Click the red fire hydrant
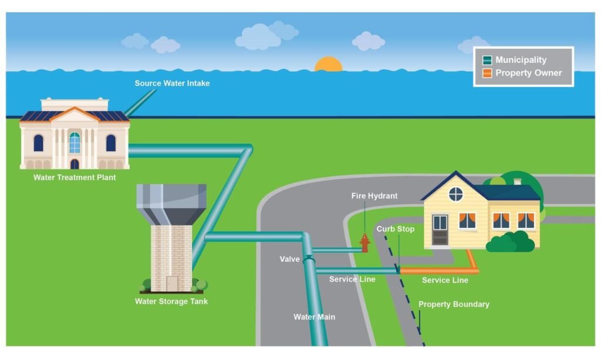[365, 243]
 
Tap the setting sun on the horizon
[329, 65]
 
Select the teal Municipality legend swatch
[487, 60]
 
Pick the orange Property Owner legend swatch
[487, 73]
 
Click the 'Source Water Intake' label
[172, 83]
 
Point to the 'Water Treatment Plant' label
[75, 177]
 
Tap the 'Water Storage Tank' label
[171, 301]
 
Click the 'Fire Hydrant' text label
[374, 196]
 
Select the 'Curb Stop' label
[395, 229]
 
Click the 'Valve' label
[289, 259]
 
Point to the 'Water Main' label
[315, 317]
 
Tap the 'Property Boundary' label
[454, 304]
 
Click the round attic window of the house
[455, 194]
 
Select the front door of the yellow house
[440, 230]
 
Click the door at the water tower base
[172, 284]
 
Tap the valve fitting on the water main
[309, 260]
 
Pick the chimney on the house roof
[518, 181]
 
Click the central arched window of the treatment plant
[75, 143]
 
